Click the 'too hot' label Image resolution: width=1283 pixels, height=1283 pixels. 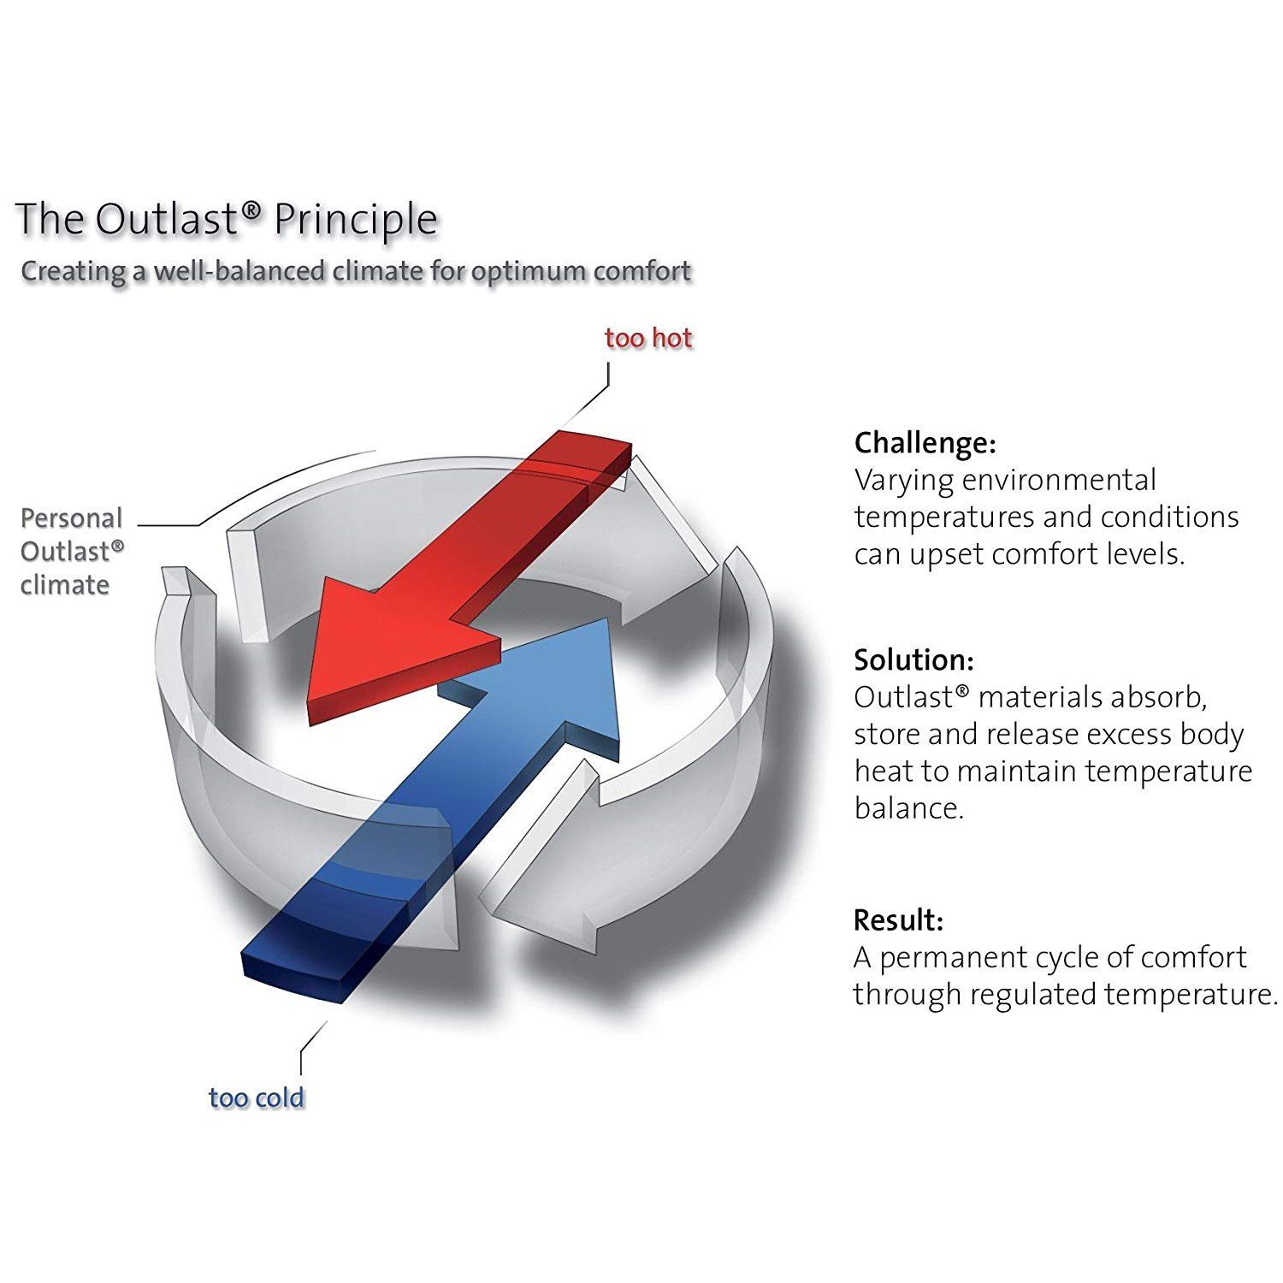[647, 338]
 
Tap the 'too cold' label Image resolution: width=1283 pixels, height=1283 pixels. [256, 1097]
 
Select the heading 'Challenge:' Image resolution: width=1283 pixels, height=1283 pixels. [925, 443]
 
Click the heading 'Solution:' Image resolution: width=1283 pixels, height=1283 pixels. [913, 660]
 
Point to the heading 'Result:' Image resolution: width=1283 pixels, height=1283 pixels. [898, 920]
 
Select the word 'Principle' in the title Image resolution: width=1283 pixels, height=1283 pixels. [356, 219]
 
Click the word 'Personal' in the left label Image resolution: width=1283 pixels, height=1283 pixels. [72, 518]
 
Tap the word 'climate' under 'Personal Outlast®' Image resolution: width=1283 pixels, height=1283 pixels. [65, 586]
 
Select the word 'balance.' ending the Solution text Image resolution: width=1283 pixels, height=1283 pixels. [908, 808]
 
